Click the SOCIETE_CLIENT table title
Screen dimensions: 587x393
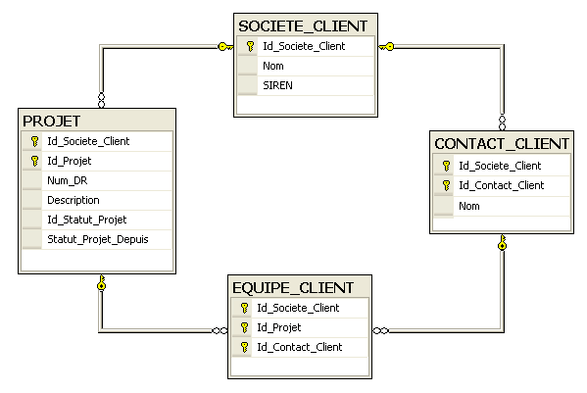coord(303,26)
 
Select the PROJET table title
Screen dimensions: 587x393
coord(52,122)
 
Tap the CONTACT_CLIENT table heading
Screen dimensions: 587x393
coord(502,144)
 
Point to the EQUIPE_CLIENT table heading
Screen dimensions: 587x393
coord(293,288)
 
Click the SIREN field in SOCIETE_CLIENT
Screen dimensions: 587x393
coord(277,85)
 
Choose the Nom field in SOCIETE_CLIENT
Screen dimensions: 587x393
coord(273,66)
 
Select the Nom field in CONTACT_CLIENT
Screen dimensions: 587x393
coord(469,206)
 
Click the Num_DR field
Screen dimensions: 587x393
coord(68,180)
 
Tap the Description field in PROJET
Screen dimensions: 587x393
coord(73,200)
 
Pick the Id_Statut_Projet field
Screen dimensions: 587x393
coord(87,220)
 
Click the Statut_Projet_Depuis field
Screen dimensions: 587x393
coord(98,239)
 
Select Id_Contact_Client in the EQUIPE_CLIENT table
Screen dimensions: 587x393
coord(300,347)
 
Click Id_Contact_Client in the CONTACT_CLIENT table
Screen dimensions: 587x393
coord(502,185)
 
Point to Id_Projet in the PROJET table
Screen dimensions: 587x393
coord(70,161)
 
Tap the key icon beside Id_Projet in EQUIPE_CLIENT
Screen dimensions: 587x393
coord(244,327)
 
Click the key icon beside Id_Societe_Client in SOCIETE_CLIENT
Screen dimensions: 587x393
coord(251,46)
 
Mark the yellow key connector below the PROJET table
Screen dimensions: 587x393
coord(102,282)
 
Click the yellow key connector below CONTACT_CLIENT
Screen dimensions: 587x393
coord(503,242)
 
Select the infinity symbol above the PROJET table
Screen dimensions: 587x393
coord(102,100)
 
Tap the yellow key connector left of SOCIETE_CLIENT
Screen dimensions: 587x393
coord(225,47)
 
